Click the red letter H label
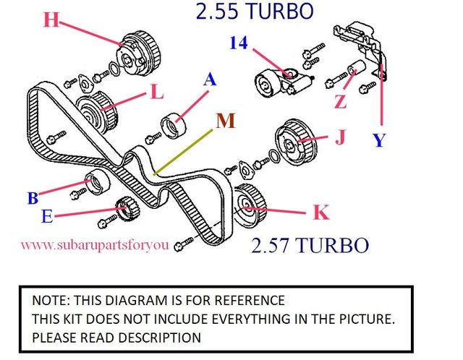[51, 20]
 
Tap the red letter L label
[157, 92]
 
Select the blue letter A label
[210, 80]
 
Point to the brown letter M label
[226, 121]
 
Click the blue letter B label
[33, 198]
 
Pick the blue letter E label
[47, 216]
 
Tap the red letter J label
[341, 137]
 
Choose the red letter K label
[321, 212]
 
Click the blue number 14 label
[239, 43]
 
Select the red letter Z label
[341, 102]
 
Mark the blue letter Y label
[379, 140]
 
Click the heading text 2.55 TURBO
[255, 12]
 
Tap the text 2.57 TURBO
[310, 245]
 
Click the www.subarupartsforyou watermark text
[95, 245]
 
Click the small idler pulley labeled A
[174, 125]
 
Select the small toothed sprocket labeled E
[127, 208]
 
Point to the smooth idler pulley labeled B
[97, 181]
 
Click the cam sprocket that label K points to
[250, 205]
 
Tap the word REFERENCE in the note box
[250, 301]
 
